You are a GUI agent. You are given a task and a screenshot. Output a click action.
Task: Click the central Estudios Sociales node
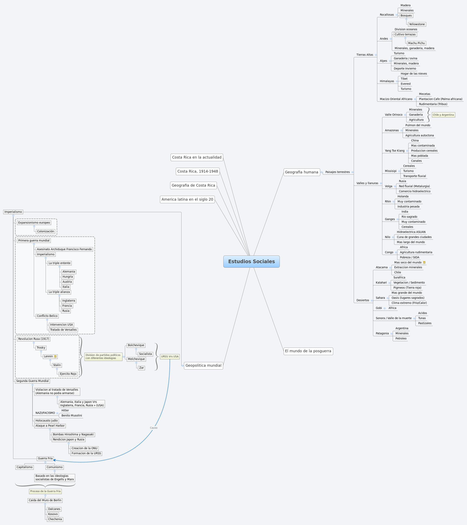point(251,261)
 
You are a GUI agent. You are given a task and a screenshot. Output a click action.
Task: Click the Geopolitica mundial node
point(203,365)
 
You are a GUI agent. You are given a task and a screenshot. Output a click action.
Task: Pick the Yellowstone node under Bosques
point(417,24)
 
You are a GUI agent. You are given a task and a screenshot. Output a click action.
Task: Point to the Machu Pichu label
point(416,43)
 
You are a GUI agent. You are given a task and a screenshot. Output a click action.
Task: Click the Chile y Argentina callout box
point(443,115)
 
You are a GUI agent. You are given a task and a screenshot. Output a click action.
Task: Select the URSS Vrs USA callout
point(170,357)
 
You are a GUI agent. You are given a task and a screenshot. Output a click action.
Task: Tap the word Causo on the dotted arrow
point(154,428)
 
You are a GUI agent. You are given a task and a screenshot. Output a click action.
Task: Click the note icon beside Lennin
point(55,357)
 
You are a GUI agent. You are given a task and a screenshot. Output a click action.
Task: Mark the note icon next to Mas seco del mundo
point(424,263)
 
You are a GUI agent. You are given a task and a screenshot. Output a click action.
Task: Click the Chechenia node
point(55,519)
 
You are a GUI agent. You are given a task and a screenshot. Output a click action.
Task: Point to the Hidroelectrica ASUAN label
point(411,232)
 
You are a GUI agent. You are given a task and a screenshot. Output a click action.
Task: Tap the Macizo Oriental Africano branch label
point(396,99)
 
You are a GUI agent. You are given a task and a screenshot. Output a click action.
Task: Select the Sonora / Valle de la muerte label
point(393,318)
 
